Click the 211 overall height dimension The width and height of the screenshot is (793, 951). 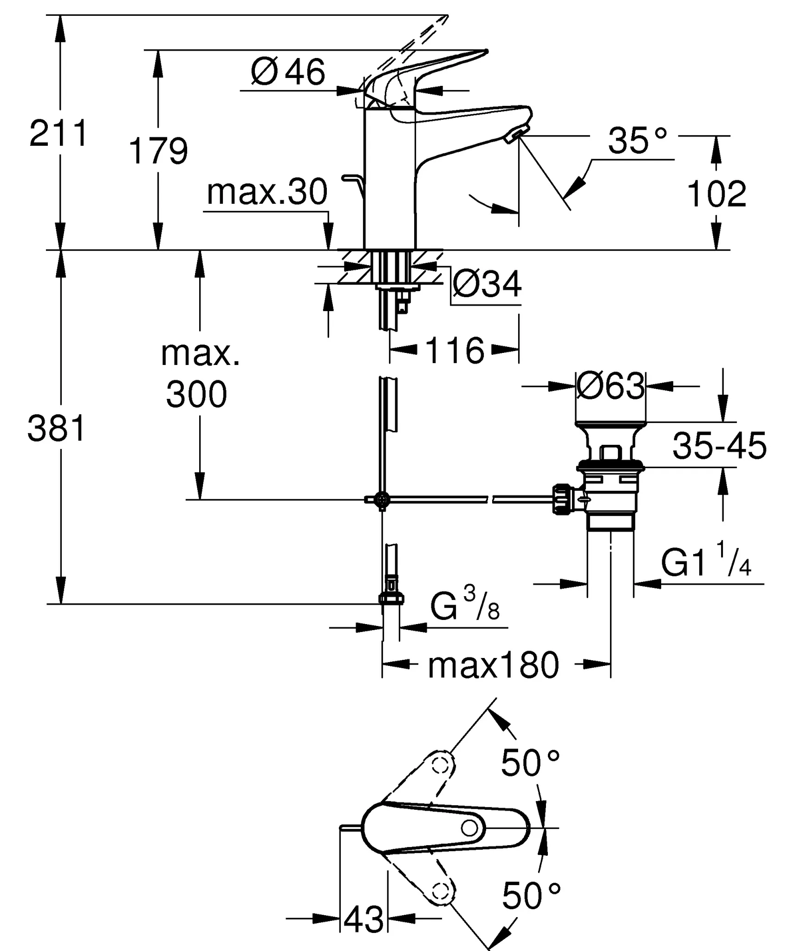(58, 133)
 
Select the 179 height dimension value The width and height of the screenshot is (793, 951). (158, 151)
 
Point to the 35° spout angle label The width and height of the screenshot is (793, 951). (637, 140)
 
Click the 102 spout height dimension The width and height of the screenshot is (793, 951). (716, 194)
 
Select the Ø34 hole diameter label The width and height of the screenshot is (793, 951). (487, 284)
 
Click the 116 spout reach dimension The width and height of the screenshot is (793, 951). (454, 351)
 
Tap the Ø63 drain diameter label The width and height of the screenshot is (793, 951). (610, 386)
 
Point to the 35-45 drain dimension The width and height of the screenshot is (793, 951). (719, 446)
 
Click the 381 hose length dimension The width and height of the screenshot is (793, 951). (57, 428)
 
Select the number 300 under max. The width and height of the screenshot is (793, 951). (196, 394)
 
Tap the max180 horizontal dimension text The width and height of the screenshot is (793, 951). (493, 666)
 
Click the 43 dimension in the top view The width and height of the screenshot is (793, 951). (364, 919)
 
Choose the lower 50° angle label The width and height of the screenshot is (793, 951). (531, 896)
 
